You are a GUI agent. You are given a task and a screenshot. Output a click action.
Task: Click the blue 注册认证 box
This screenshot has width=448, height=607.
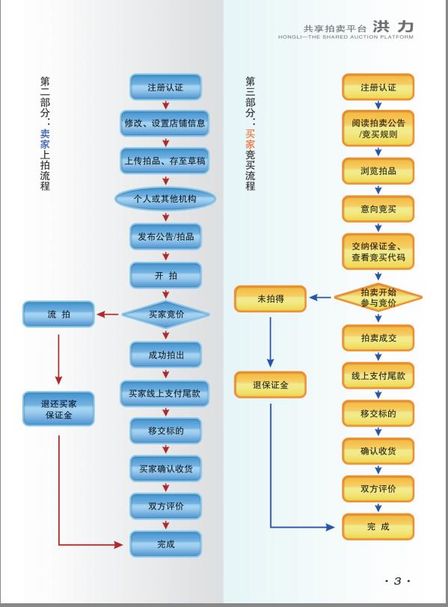[166, 87]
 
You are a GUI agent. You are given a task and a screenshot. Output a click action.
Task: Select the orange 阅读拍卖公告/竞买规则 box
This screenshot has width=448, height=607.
[378, 129]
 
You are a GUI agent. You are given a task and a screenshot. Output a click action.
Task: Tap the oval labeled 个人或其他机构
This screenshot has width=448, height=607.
[165, 199]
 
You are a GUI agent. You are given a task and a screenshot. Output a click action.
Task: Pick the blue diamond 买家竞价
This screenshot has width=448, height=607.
[166, 314]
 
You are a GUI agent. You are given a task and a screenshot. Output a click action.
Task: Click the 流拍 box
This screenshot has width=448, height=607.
[58, 314]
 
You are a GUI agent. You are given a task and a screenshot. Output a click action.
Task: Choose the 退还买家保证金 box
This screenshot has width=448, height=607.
[58, 409]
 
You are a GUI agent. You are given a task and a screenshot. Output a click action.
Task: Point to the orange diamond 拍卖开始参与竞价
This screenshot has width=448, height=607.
[378, 298]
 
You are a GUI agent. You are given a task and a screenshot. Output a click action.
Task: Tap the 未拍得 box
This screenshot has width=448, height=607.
[270, 299]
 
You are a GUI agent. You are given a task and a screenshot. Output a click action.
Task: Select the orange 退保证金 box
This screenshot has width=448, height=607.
[270, 385]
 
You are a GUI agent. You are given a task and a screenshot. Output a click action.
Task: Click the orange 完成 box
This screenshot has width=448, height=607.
[378, 526]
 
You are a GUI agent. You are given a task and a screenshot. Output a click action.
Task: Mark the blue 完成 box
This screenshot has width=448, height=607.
[166, 544]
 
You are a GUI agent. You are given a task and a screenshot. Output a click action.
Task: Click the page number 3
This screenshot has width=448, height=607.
[398, 581]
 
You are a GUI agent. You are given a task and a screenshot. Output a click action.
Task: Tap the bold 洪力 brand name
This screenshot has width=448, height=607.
[393, 27]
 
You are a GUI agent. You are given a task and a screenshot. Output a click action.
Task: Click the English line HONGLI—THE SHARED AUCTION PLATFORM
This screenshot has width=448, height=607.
[346, 37]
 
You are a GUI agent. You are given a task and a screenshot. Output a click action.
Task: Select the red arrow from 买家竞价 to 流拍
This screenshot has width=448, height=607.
[108, 314]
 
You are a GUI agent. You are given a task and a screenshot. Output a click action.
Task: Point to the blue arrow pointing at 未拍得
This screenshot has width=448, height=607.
[320, 298]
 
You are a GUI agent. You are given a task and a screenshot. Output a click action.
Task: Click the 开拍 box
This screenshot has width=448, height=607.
[166, 276]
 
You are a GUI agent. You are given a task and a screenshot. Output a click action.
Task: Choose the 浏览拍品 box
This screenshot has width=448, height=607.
[378, 170]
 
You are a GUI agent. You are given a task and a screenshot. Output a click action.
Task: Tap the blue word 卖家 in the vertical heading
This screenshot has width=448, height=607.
[45, 139]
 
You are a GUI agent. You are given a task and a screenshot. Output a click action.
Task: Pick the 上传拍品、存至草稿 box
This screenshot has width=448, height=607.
[165, 161]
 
